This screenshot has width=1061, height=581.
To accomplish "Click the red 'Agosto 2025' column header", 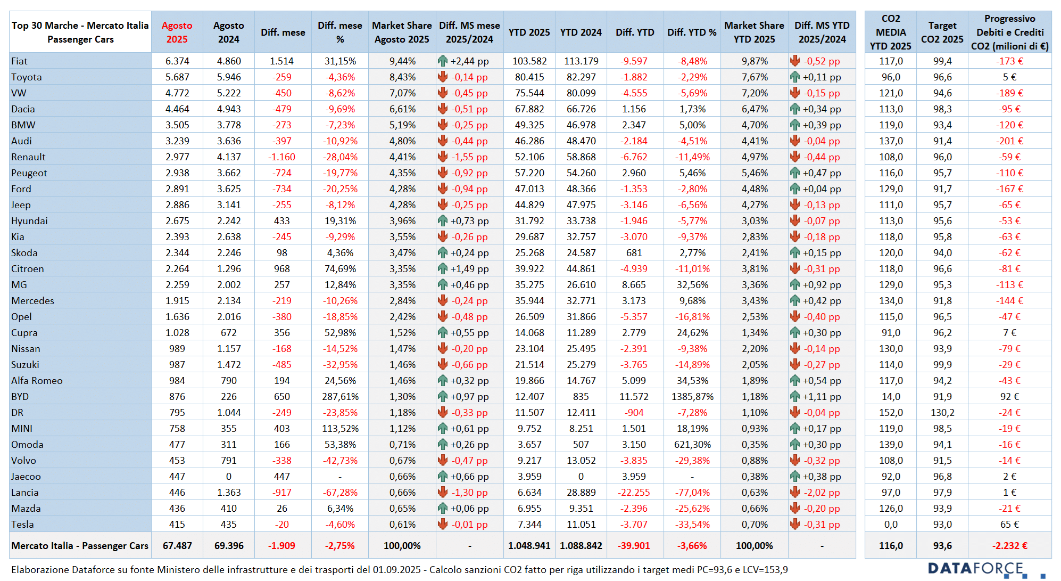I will pos(177,32).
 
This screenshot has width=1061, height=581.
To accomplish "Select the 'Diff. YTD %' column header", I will pos(692,32).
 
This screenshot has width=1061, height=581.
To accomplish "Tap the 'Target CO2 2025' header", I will pos(942,32).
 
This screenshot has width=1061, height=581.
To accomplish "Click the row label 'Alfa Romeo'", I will pos(37,381).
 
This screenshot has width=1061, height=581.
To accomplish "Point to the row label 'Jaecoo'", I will pos(26,477).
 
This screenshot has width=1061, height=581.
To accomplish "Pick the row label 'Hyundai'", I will pos(29,221).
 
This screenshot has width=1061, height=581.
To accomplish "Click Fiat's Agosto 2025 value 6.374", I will pos(177,61).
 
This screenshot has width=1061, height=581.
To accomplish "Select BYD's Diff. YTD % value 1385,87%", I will pos(692,397).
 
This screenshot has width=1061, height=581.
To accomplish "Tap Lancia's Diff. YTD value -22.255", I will pos(634,493).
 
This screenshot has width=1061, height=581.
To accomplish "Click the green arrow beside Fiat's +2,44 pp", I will pos(443,61).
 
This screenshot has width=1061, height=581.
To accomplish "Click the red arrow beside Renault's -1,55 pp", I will pos(443,157).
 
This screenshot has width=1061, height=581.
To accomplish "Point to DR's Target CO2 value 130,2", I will pos(942,413).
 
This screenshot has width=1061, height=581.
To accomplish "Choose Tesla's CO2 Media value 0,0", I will pos(890,525).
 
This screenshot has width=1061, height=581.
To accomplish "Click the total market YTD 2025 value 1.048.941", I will pos(529,546).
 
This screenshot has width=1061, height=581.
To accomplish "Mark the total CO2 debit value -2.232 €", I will pos(1009,546).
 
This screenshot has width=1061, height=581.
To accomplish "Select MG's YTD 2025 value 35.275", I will pos(529,285).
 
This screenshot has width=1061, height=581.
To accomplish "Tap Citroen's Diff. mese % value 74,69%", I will pos(340,269).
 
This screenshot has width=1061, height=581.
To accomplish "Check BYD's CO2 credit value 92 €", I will pos(1009,397).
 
